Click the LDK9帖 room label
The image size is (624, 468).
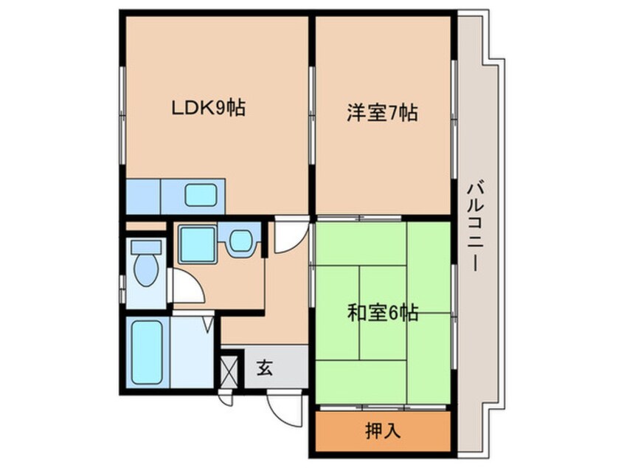coord(208,109)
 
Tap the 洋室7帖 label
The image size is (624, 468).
coord(383,114)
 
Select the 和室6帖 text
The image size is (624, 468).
coord(383,314)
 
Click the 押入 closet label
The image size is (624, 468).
coord(384,431)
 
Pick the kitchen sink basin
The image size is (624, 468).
coord(200,196)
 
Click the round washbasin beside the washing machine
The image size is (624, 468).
coord(240,241)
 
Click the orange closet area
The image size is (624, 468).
coord(384,431)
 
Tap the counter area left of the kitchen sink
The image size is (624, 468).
coord(143,196)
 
